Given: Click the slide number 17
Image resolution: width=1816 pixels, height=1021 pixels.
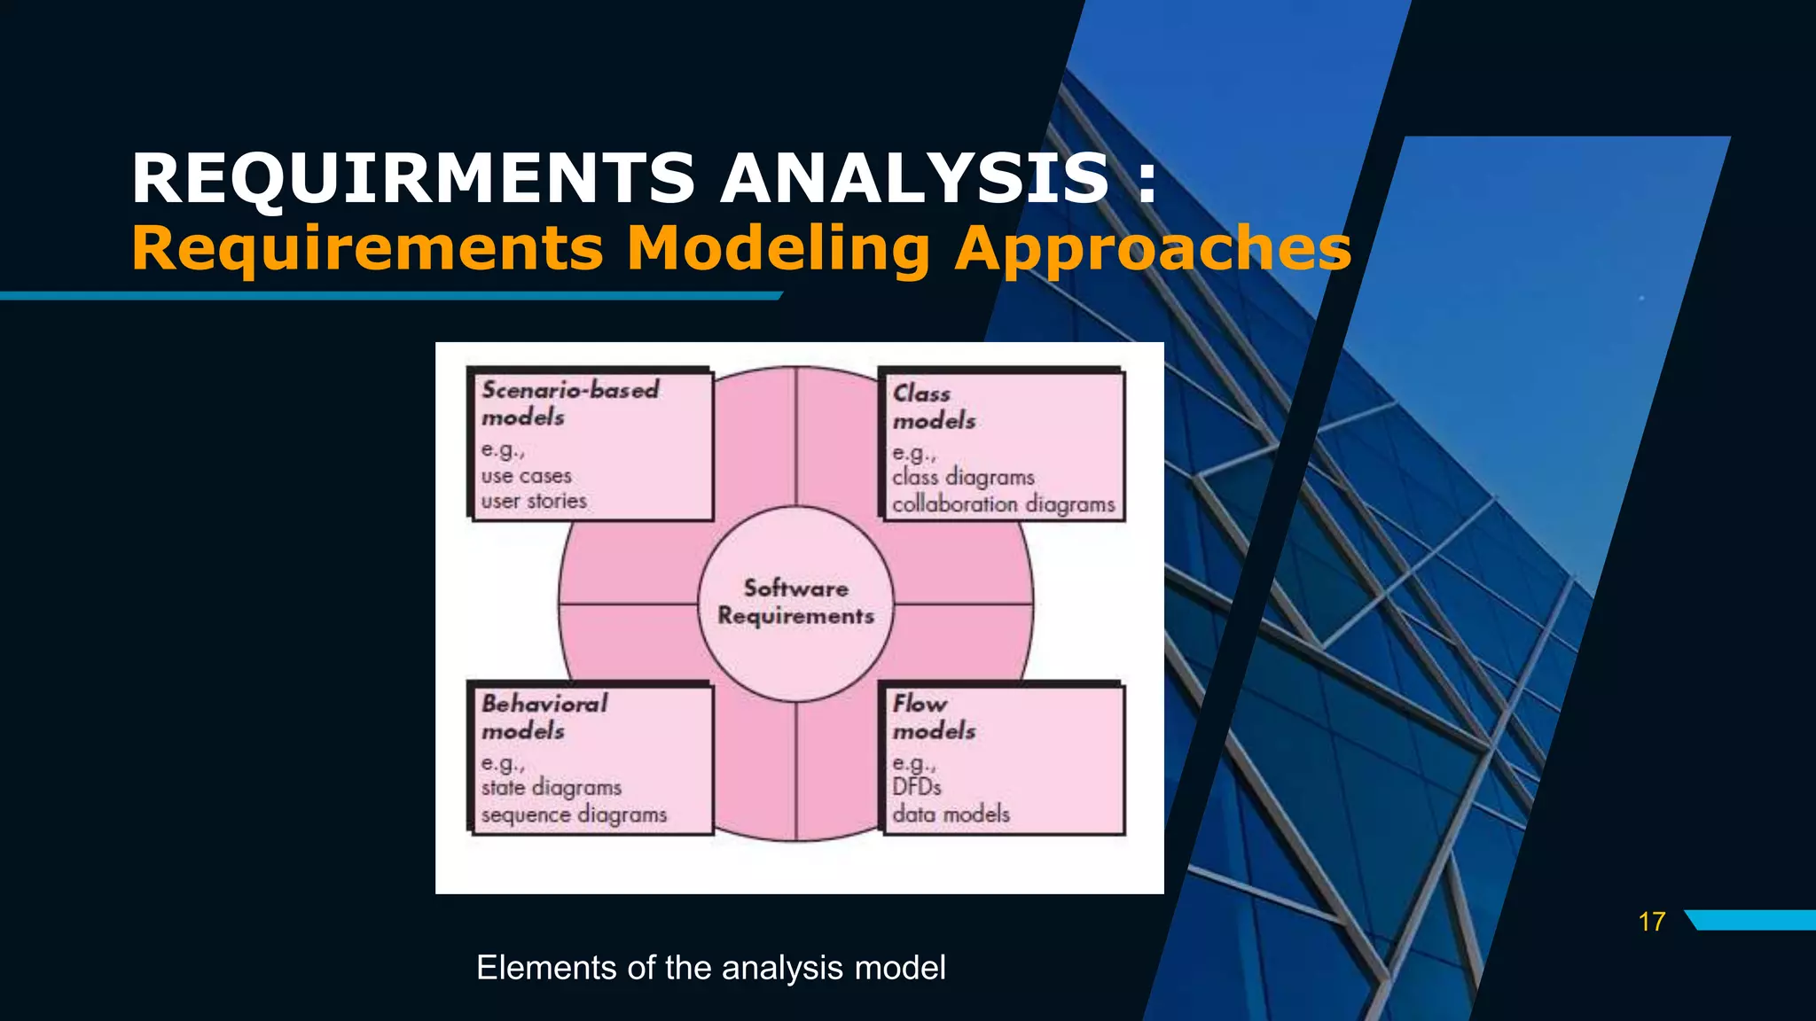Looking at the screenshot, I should coord(1651,922).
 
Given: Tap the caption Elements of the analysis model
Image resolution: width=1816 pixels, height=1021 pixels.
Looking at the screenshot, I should coord(710,967).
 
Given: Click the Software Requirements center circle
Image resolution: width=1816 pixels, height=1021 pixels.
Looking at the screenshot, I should coord(795,603).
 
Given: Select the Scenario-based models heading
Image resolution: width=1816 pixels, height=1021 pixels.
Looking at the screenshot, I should coord(569,402).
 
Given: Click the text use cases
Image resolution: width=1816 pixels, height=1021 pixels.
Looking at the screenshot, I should coord(526,476).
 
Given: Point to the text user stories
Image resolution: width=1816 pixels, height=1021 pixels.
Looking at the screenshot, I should coord(534,501).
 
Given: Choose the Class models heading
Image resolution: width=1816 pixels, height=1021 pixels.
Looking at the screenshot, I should coord(933,406).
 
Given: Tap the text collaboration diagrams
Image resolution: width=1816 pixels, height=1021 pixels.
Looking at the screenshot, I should coord(1003,504).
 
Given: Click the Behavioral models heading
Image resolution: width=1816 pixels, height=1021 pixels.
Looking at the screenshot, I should coord(544,716).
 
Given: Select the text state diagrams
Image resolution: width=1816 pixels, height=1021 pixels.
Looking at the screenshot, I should coord(551,787).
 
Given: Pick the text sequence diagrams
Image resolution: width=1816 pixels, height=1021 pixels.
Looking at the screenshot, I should coord(574,814).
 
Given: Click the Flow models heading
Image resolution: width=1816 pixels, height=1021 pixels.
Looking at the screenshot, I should coord(933,716).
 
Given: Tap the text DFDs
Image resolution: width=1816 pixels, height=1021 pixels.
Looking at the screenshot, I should coord(916,787).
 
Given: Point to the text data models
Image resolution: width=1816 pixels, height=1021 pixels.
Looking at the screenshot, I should coord(951,814).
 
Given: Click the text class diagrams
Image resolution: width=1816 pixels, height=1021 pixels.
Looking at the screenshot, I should coord(963,478).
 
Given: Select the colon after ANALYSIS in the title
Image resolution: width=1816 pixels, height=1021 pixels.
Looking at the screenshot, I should coord(1147,180).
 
